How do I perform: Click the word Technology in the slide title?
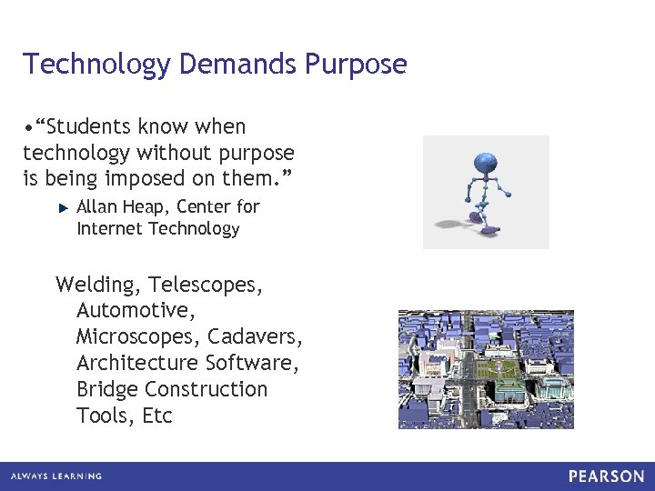click(x=97, y=65)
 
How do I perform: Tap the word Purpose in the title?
click(x=357, y=65)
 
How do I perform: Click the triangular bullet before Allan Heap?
click(x=63, y=208)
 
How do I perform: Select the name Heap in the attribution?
click(x=144, y=207)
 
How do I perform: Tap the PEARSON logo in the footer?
click(x=607, y=476)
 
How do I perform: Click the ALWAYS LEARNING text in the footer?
click(x=57, y=476)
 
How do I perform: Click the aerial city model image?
click(x=486, y=369)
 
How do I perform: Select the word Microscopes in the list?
click(x=137, y=336)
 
